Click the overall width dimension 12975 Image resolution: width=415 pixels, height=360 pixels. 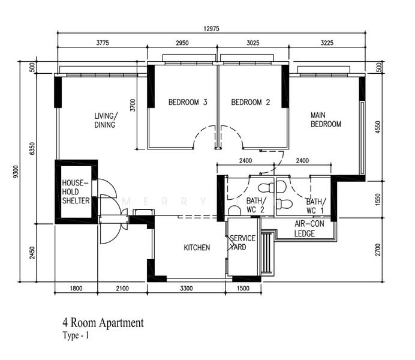(x=212, y=29)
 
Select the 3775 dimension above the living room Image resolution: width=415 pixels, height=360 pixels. (x=103, y=43)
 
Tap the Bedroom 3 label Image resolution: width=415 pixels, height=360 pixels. (x=188, y=102)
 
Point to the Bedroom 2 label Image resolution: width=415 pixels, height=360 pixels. (x=250, y=102)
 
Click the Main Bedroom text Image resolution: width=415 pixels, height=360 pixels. (x=326, y=119)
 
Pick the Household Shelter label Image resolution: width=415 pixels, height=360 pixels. (x=76, y=191)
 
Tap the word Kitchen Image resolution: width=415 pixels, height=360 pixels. (x=197, y=247)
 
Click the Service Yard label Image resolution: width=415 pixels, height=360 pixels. (x=242, y=242)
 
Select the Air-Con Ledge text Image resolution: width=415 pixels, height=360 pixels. (x=309, y=229)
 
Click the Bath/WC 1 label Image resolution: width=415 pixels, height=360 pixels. (x=316, y=206)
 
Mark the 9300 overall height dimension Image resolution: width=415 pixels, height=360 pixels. (x=16, y=172)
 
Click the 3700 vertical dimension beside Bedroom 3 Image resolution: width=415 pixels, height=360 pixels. (x=133, y=105)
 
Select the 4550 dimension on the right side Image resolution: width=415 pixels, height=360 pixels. (x=378, y=127)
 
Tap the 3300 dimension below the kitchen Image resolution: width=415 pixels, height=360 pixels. (x=187, y=288)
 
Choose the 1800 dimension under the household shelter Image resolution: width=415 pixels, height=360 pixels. (x=76, y=288)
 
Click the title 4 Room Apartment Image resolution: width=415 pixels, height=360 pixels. (x=103, y=323)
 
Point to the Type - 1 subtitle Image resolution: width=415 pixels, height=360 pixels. (x=76, y=335)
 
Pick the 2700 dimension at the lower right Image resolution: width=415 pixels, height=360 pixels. (x=378, y=250)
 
